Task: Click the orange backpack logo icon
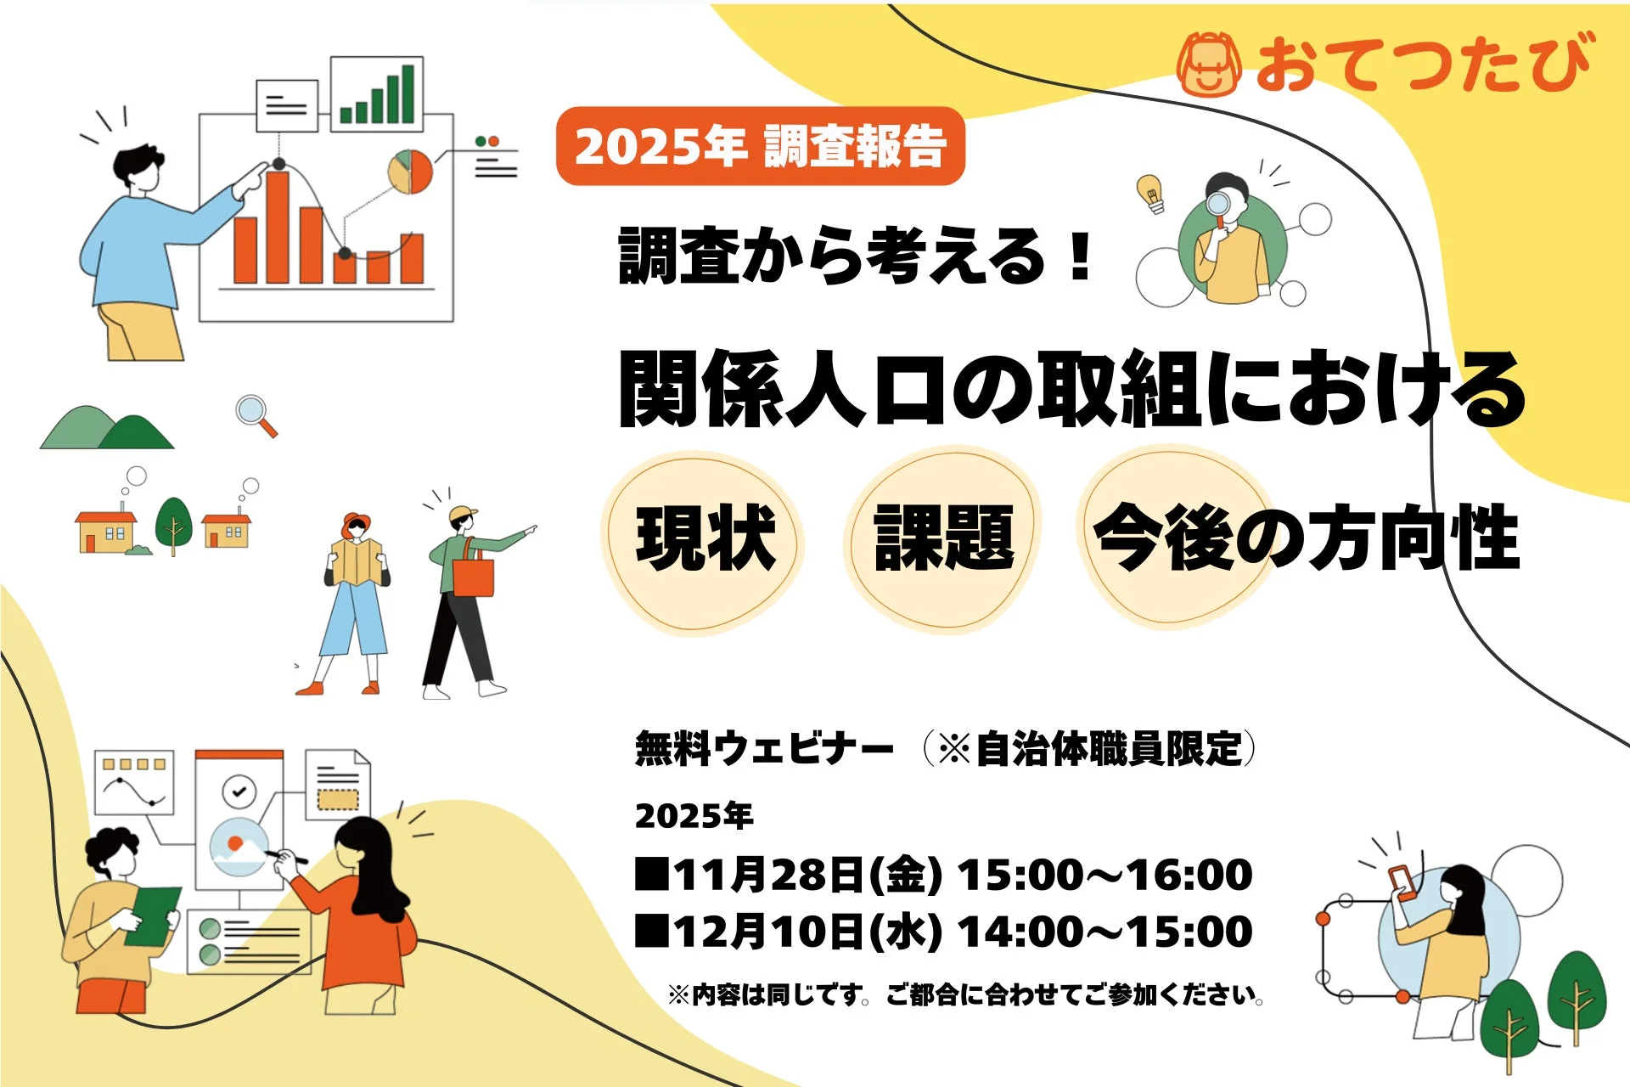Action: pos(1209,65)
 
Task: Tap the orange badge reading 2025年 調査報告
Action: pos(760,146)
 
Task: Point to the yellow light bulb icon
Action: pos(1150,193)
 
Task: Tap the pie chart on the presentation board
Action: pos(410,172)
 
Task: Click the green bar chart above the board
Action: pos(377,93)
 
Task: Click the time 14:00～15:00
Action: pos(1104,932)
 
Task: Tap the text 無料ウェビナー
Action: pos(764,749)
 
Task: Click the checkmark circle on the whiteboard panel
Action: pos(239,791)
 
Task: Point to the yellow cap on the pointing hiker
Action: pos(462,514)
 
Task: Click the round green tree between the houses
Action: pos(174,520)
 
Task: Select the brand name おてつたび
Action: pos(1422,64)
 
